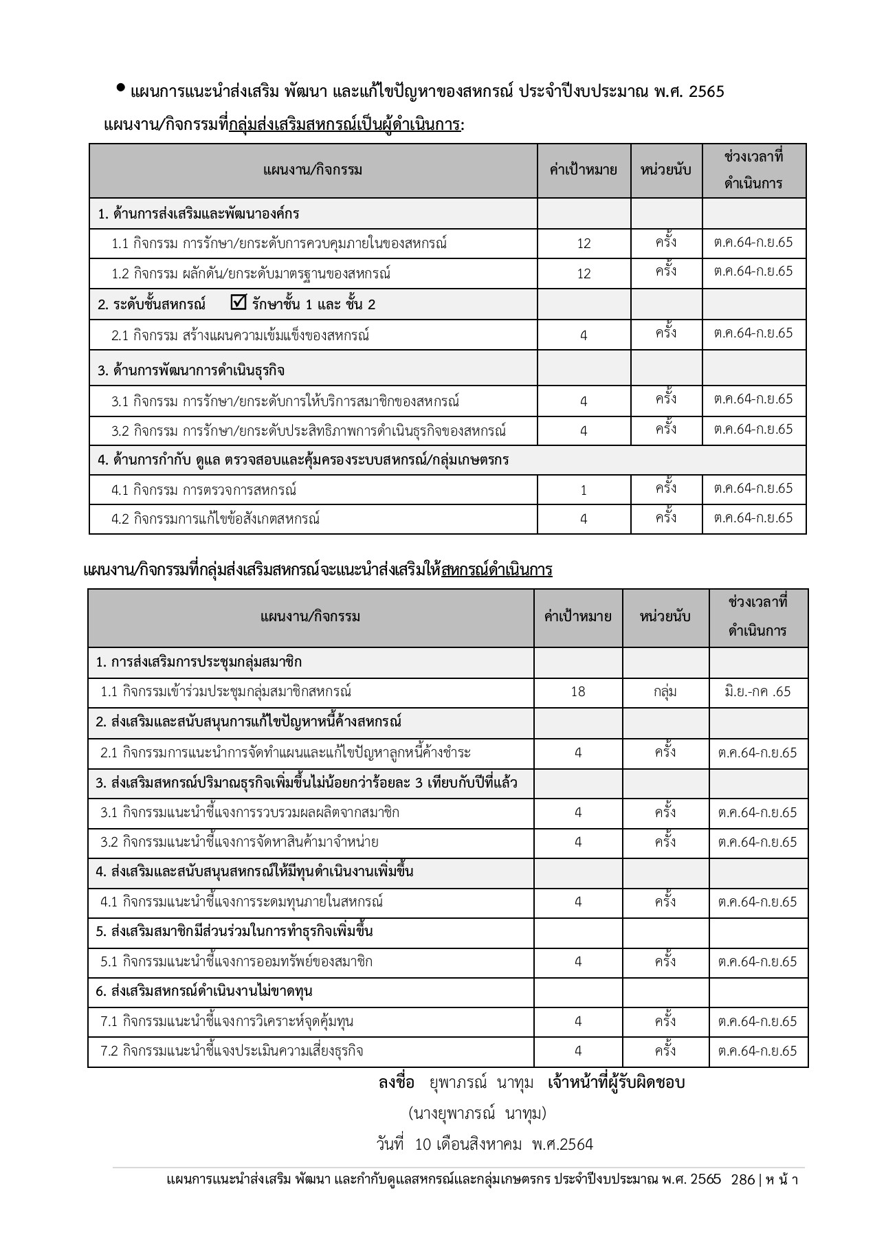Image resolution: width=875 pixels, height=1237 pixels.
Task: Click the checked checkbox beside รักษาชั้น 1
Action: tap(239, 302)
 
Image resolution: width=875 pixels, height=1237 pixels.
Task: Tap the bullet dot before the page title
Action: tap(121, 88)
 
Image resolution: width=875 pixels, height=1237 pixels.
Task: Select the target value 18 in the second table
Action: tap(578, 691)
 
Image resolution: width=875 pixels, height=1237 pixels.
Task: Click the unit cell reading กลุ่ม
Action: tap(665, 691)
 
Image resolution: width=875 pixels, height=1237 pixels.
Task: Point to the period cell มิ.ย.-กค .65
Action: tap(757, 691)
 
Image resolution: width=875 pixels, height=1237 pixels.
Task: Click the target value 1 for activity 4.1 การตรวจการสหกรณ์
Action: tap(584, 490)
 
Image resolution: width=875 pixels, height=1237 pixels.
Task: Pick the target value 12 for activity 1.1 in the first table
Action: tap(584, 243)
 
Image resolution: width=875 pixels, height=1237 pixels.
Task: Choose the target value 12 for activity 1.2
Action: tap(584, 274)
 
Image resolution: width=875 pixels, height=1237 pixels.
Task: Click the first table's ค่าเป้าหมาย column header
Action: tap(584, 170)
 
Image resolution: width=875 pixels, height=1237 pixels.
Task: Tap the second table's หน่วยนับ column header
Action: tap(665, 616)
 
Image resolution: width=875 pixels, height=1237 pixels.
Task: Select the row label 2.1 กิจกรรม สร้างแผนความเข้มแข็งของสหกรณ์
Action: tap(241, 335)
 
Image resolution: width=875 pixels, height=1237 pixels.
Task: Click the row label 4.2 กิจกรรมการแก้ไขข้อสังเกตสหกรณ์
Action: tap(216, 519)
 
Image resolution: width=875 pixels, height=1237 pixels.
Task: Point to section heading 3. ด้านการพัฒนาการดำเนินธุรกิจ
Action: tap(191, 370)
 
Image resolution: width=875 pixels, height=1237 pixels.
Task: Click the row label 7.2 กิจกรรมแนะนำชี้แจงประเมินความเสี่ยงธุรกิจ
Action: tap(232, 1051)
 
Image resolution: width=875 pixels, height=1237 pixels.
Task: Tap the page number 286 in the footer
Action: tap(743, 1179)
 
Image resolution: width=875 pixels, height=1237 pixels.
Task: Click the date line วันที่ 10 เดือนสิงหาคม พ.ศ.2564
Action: tap(485, 1144)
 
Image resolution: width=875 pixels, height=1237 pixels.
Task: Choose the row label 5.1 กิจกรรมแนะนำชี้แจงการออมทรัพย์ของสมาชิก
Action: tap(236, 961)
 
